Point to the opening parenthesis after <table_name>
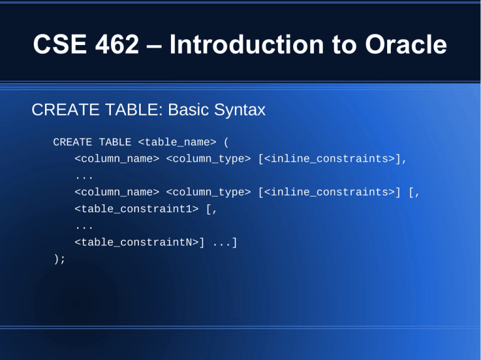[x=226, y=143]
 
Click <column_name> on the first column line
[x=116, y=159]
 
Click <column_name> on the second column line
[x=116, y=192]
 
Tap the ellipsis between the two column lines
[x=83, y=176]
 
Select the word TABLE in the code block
[x=115, y=143]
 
